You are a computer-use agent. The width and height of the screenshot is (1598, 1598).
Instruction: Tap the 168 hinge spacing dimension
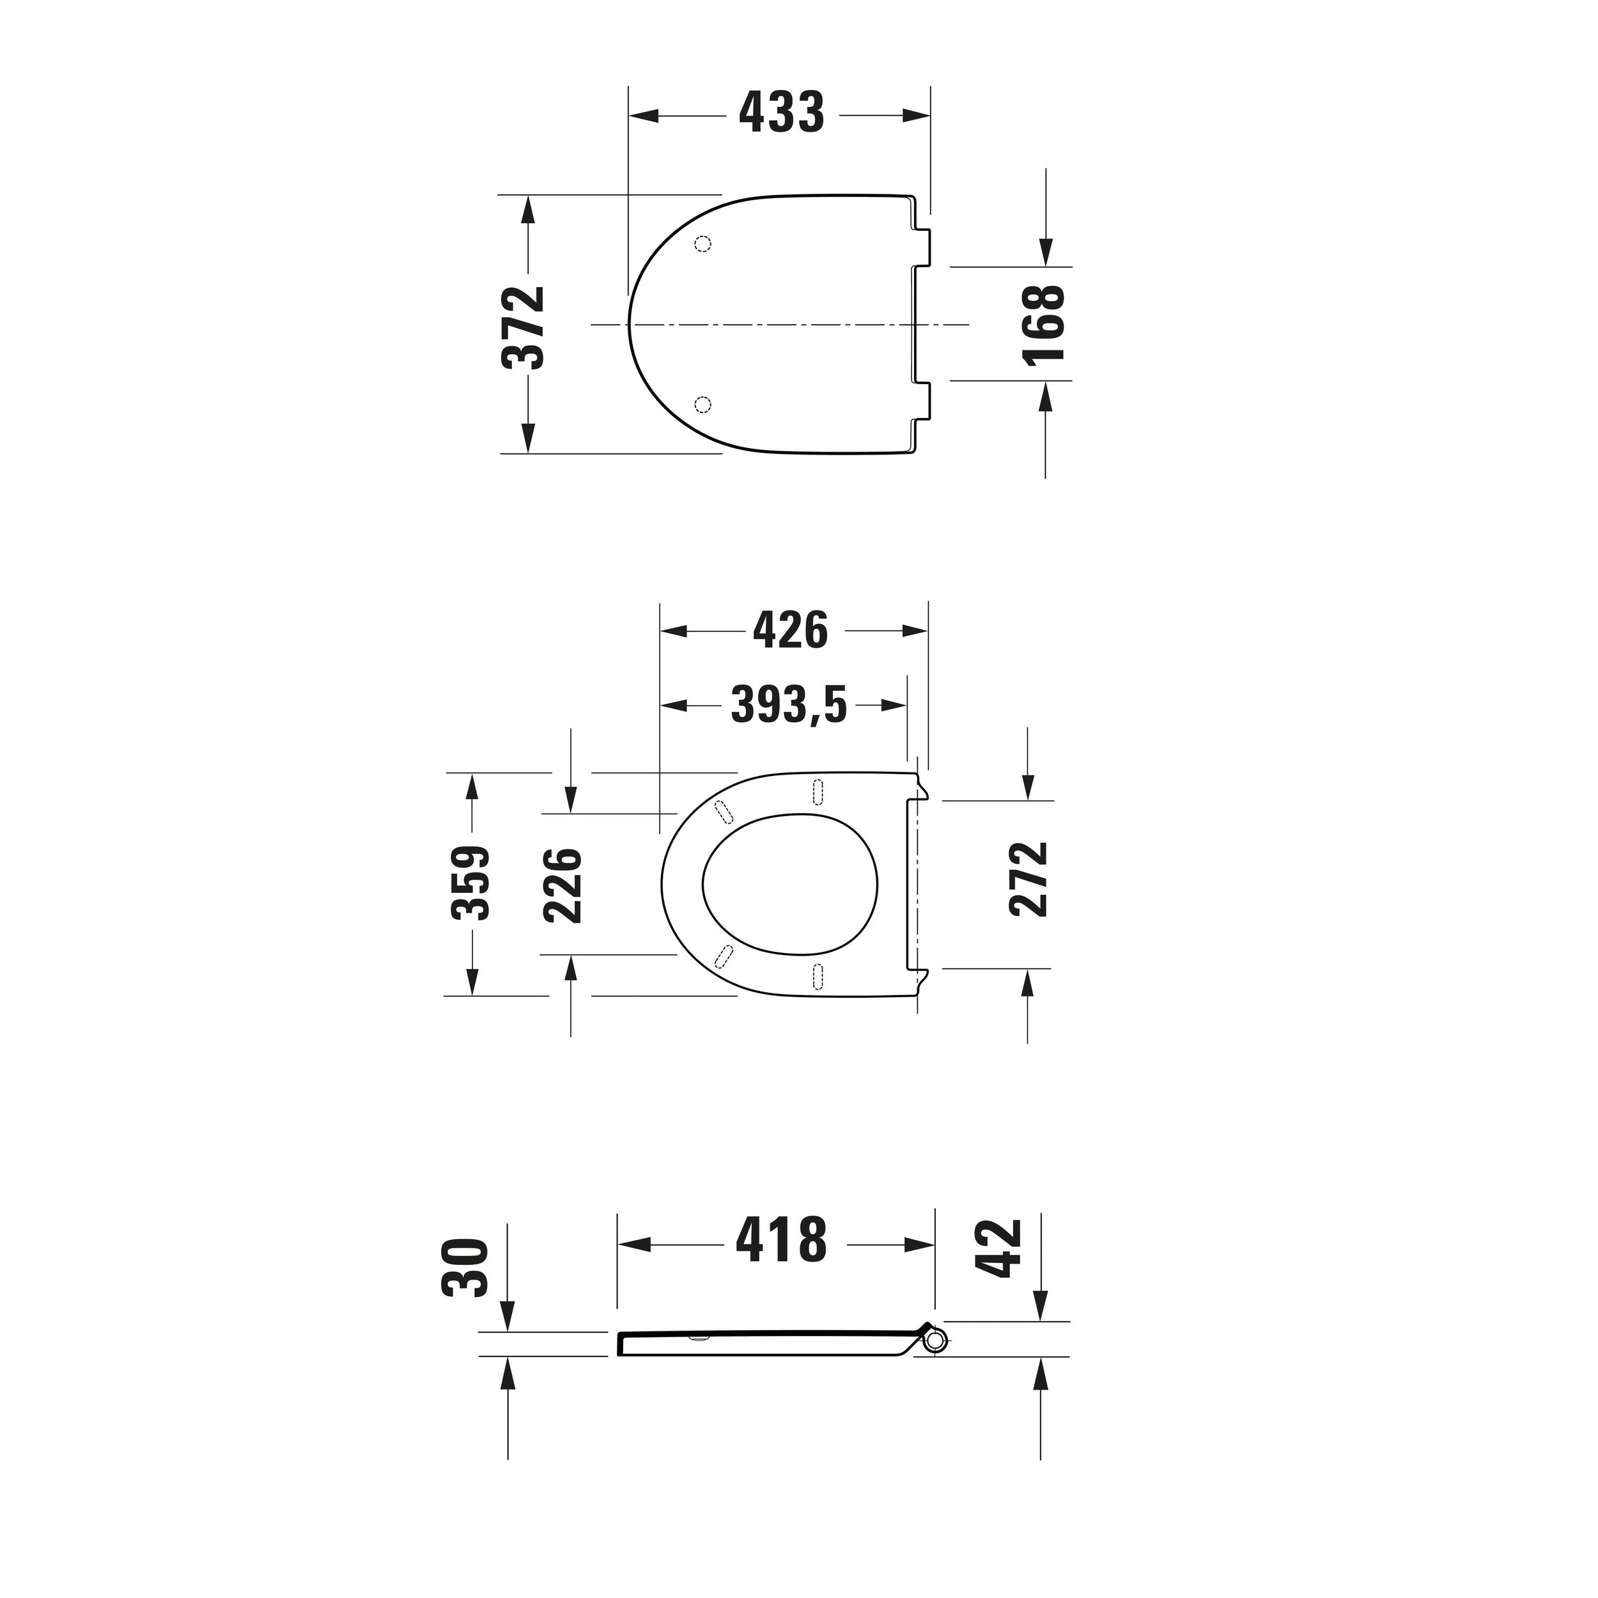[1042, 323]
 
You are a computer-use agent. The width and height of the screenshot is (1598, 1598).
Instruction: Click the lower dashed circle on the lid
[702, 403]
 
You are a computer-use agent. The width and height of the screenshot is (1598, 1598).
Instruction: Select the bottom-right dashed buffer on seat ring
[818, 976]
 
